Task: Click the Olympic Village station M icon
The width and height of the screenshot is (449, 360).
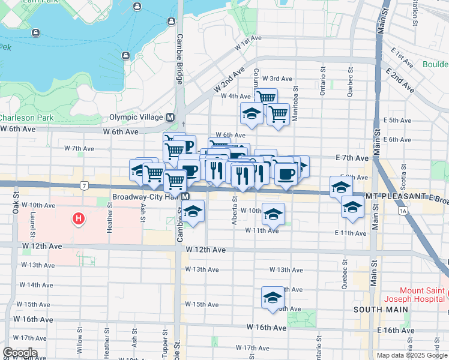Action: click(x=170, y=118)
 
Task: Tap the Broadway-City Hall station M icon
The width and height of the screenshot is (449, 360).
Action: click(x=185, y=197)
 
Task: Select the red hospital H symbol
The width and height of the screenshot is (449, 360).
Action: click(x=78, y=220)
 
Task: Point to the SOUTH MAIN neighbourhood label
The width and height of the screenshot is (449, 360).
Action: click(x=381, y=310)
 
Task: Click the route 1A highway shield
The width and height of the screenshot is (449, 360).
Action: click(x=402, y=211)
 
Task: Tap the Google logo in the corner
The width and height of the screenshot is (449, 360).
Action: click(x=20, y=353)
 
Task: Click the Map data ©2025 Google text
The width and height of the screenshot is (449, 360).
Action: click(x=412, y=355)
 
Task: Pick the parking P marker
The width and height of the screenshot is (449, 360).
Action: click(x=187, y=146)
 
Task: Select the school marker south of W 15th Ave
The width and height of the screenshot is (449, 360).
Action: click(x=272, y=298)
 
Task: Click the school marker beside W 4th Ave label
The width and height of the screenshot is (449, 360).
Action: click(x=252, y=113)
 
